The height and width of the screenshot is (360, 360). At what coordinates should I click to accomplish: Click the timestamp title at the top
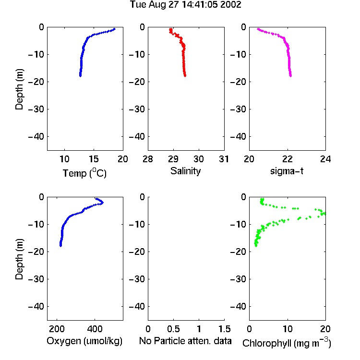coord(185,5)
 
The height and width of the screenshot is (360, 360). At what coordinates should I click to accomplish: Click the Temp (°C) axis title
coord(84,173)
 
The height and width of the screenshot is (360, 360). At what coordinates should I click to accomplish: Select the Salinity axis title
coord(185,171)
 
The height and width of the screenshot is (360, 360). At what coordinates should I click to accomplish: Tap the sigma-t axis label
coord(287,171)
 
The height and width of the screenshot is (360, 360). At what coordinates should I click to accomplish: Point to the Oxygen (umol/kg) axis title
coord(84,341)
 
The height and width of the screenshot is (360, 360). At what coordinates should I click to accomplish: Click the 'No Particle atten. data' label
coord(185,341)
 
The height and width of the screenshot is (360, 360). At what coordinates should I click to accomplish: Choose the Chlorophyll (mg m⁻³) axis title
coord(287,343)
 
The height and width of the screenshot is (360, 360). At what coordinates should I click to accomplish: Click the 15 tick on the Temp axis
coord(94,159)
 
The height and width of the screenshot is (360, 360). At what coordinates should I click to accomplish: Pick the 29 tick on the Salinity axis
coord(173,159)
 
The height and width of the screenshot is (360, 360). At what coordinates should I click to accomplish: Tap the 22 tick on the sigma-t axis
coord(287,159)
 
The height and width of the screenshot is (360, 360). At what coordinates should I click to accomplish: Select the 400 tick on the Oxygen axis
coord(95,329)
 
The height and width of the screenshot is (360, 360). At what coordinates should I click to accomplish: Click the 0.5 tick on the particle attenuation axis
coord(173,329)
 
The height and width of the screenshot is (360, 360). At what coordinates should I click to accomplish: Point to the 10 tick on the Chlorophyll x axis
coord(287,329)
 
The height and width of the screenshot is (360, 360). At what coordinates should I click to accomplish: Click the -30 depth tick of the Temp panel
coord(36,109)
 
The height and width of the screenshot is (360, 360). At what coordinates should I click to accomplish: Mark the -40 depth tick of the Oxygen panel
coord(36,306)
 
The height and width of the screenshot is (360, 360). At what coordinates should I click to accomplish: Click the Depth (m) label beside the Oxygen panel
coord(19,259)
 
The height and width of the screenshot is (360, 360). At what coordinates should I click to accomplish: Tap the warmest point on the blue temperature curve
coord(114,29)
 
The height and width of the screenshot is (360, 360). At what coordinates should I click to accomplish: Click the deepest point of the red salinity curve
coord(185,75)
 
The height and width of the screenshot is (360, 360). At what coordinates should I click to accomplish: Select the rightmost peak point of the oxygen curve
coord(102,203)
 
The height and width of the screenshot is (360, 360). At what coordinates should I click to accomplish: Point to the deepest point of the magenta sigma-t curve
coord(291,75)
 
